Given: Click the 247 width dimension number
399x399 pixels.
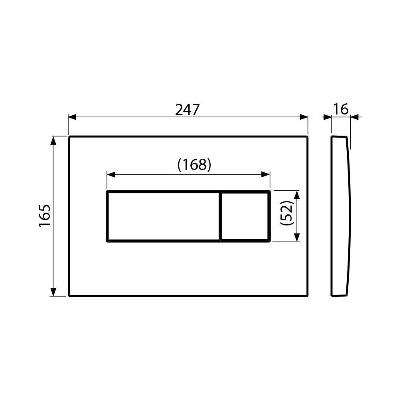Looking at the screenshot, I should [x=187, y=110].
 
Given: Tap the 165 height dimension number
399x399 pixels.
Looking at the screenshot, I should [x=45, y=216].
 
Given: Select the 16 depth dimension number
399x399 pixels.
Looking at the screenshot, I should [x=341, y=109].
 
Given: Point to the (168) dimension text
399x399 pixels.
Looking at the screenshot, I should [x=194, y=164].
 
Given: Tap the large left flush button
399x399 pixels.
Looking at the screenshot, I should [x=163, y=216].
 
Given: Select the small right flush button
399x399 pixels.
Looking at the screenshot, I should [x=245, y=216].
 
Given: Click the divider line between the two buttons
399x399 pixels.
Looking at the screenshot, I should [x=220, y=216].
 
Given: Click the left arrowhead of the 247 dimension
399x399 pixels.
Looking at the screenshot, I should [x=72, y=117].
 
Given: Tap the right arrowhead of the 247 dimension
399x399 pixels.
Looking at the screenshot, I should [x=304, y=117].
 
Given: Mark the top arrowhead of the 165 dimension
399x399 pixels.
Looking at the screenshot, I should [x=53, y=140].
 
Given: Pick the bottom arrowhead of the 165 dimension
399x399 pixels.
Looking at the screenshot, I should [x=53, y=292].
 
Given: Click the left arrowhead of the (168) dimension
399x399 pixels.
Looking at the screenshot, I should [x=111, y=174].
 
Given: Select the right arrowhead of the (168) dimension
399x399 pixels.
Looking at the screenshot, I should [x=266, y=174].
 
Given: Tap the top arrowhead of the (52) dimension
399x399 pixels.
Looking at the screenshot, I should [x=296, y=195].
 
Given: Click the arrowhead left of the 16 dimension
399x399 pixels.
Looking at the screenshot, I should [x=327, y=117].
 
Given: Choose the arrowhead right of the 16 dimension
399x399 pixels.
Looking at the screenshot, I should [x=355, y=117].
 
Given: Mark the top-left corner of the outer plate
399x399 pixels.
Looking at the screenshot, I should [x=69, y=137].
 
